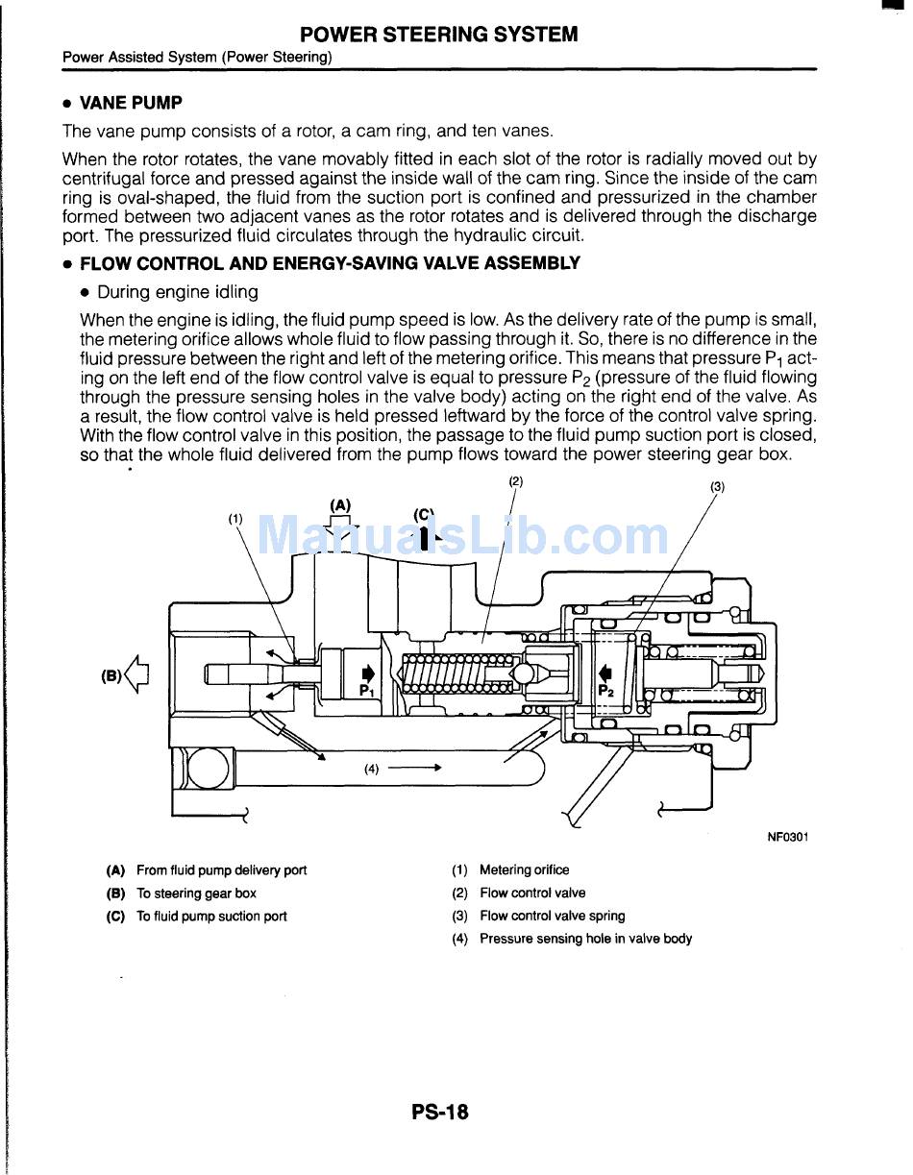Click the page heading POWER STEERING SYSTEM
[439, 35]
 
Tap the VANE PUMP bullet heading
[130, 103]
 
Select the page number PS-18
[440, 1112]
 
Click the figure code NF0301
[787, 837]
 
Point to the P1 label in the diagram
[367, 690]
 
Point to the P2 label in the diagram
[606, 690]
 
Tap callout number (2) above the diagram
[516, 481]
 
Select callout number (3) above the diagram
[717, 487]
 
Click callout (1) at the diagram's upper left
[235, 519]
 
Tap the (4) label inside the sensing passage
[372, 769]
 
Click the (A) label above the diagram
[340, 504]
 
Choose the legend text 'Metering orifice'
[524, 869]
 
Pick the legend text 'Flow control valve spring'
[552, 916]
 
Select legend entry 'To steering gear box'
[196, 893]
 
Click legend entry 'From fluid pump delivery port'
[221, 869]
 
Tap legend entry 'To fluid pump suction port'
[211, 916]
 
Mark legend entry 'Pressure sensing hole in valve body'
[585, 939]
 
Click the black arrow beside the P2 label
[605, 673]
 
